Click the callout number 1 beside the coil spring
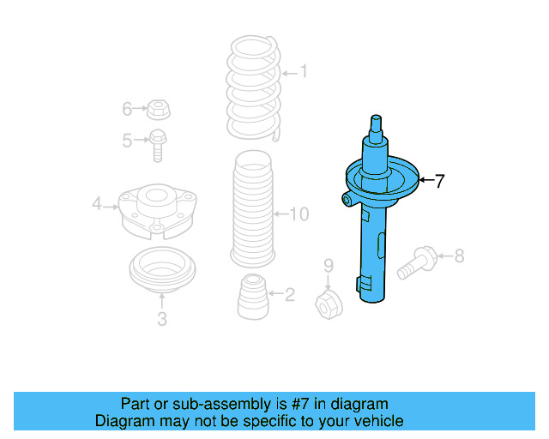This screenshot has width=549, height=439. point(302,73)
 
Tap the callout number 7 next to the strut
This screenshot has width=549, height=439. point(439,181)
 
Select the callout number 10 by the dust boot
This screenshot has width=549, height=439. point(299,213)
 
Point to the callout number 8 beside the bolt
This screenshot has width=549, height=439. point(459,255)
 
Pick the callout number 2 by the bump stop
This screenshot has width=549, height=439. point(289,295)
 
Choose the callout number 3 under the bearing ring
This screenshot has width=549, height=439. point(162,320)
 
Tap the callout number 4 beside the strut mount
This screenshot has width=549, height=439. point(97,204)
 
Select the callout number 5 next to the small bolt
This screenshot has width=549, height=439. point(127,141)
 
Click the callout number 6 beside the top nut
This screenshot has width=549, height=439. point(127,109)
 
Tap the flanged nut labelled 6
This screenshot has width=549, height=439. point(157,109)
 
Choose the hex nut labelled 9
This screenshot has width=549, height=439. point(328,302)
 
